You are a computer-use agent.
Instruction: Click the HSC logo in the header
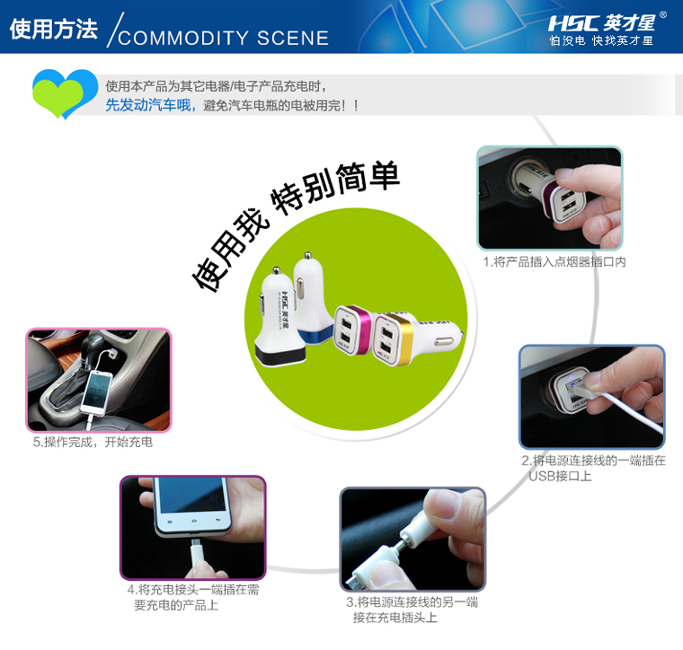click(x=574, y=23)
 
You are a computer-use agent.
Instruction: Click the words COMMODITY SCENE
click(x=224, y=39)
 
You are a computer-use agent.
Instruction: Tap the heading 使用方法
click(x=54, y=29)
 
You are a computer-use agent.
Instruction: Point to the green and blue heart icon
click(x=66, y=93)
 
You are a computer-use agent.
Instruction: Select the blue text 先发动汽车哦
click(x=148, y=105)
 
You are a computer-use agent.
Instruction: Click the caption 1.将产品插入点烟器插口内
click(x=554, y=262)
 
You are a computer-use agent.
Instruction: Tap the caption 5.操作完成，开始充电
click(x=93, y=442)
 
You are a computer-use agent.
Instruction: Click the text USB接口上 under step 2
click(x=560, y=476)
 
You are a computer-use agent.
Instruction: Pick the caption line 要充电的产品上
click(x=176, y=605)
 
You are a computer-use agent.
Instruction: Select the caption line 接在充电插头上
click(x=395, y=618)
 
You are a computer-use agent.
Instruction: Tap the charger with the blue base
click(x=312, y=296)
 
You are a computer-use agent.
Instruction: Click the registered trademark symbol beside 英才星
click(x=663, y=14)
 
